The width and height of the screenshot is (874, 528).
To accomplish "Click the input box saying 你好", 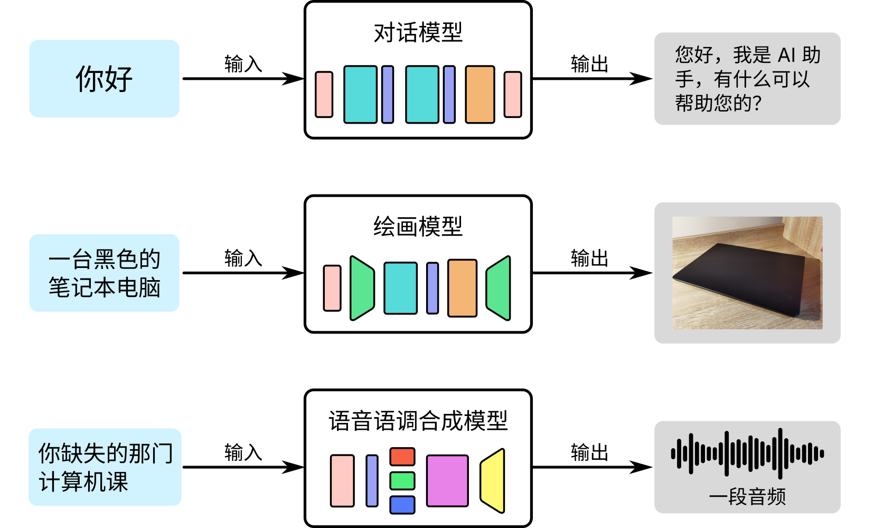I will coord(104,79).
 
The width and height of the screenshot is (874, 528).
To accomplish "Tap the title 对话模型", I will coord(418,33).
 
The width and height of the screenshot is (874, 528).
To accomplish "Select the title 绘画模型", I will coord(418,227).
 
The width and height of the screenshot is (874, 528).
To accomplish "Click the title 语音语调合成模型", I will coord(418,421).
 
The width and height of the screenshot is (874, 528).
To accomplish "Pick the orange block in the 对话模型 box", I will coord(480,95).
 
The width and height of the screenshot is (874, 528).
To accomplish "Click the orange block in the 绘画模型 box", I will coord(462,288).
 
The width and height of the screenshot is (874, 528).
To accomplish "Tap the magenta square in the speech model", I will coord(447,480).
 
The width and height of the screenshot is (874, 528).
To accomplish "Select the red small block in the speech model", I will coord(402,457).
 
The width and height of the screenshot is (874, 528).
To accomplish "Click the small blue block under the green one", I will coord(402,505).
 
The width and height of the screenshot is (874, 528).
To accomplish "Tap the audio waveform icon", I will coord(747,453).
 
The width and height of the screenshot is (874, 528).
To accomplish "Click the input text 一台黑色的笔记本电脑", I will coord(104,273).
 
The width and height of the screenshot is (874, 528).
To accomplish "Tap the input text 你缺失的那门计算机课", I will coord(105,467).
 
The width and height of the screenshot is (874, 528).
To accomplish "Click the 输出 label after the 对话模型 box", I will coord(589,64).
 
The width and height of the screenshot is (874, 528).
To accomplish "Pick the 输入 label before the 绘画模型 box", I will coord(243,258).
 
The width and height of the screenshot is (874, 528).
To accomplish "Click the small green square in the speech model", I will coord(402,481).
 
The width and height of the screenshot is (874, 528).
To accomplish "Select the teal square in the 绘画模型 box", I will coord(400,288).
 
